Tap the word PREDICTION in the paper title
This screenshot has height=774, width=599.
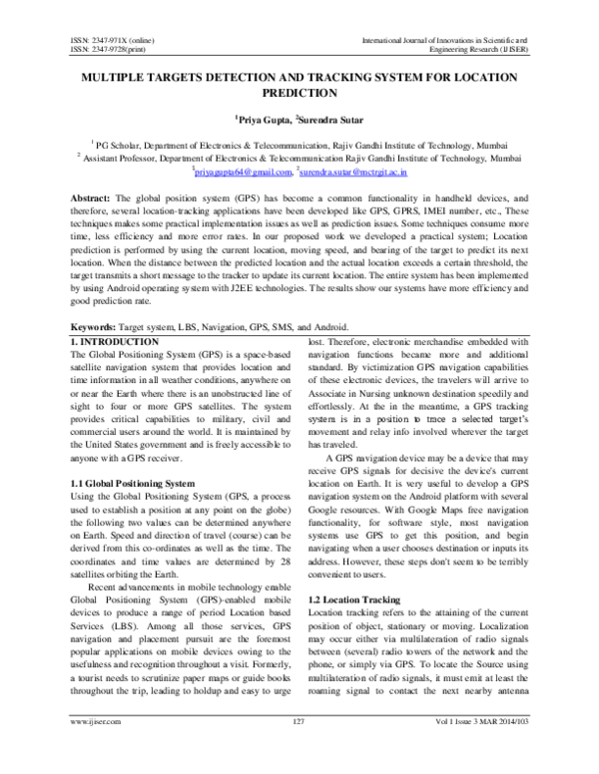[x=299, y=93]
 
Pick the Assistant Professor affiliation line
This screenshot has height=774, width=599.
[x=299, y=158]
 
